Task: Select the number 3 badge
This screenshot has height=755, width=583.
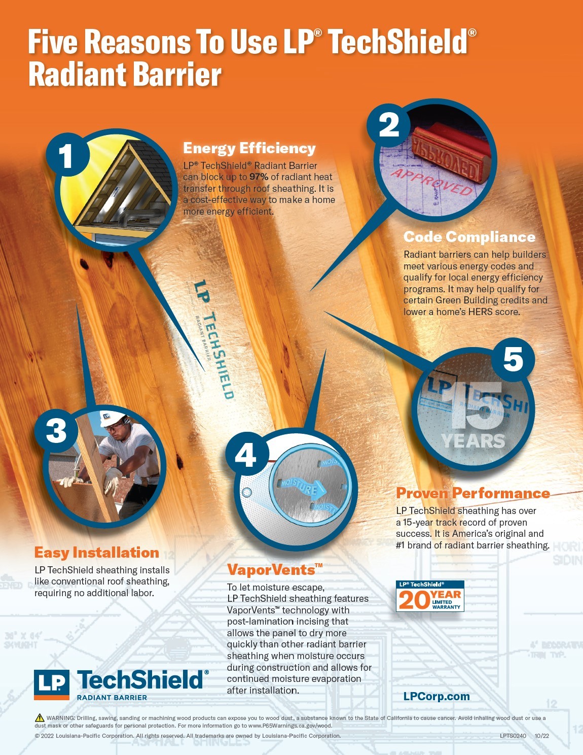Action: [56, 431]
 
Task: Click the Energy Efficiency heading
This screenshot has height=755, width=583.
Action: [249, 148]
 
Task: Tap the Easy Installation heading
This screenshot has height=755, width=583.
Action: [96, 552]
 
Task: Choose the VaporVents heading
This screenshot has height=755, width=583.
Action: [275, 569]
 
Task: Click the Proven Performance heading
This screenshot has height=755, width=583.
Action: [473, 493]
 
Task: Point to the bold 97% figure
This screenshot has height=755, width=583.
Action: [259, 177]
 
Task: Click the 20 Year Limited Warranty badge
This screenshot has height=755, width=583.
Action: [429, 596]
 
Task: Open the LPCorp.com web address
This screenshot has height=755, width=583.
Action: [436, 696]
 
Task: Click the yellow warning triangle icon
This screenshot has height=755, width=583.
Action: [40, 717]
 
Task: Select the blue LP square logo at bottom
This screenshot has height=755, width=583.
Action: [51, 684]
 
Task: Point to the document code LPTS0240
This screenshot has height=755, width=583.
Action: [513, 736]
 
